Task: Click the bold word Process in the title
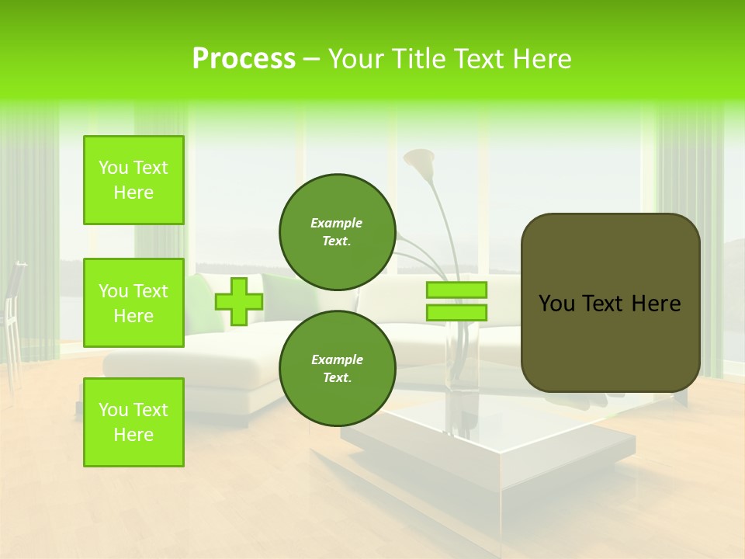pyautogui.click(x=244, y=59)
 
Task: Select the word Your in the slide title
pyautogui.click(x=359, y=59)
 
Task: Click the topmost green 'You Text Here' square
pyautogui.click(x=133, y=180)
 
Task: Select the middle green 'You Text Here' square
pyautogui.click(x=133, y=303)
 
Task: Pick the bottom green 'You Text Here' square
pyautogui.click(x=133, y=422)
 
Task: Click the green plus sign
pyautogui.click(x=238, y=301)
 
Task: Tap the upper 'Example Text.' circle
pyautogui.click(x=337, y=232)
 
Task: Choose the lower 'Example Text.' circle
pyautogui.click(x=337, y=368)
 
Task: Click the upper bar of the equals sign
pyautogui.click(x=456, y=290)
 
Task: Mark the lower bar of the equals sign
pyautogui.click(x=456, y=313)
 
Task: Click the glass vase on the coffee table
pyautogui.click(x=462, y=365)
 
